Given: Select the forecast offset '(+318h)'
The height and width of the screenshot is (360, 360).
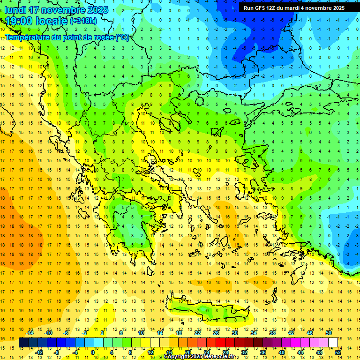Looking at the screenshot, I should pyautogui.click(x=84, y=21).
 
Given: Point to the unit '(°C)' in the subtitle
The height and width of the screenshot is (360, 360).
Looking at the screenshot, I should pyautogui.click(x=122, y=37).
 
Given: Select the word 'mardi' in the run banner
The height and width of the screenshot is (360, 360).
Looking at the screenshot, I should pyautogui.click(x=298, y=8).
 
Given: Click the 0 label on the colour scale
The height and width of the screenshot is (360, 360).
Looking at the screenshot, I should pyautogui.click(x=93, y=352).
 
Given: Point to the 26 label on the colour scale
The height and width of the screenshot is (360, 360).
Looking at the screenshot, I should pyautogui.click(x=216, y=332).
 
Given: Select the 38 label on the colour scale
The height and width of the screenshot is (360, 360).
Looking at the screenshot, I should pyautogui.click(x=272, y=332).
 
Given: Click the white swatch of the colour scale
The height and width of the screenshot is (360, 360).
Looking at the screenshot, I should pyautogui.click(x=333, y=343).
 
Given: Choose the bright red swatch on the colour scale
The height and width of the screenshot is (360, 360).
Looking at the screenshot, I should pyautogui.click(x=221, y=343).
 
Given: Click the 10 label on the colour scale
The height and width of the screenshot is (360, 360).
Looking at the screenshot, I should pyautogui.click(x=141, y=332).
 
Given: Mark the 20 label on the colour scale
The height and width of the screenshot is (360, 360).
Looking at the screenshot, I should pyautogui.click(x=187, y=352).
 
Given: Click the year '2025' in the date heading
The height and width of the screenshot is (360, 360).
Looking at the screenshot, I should pyautogui.click(x=98, y=10).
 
